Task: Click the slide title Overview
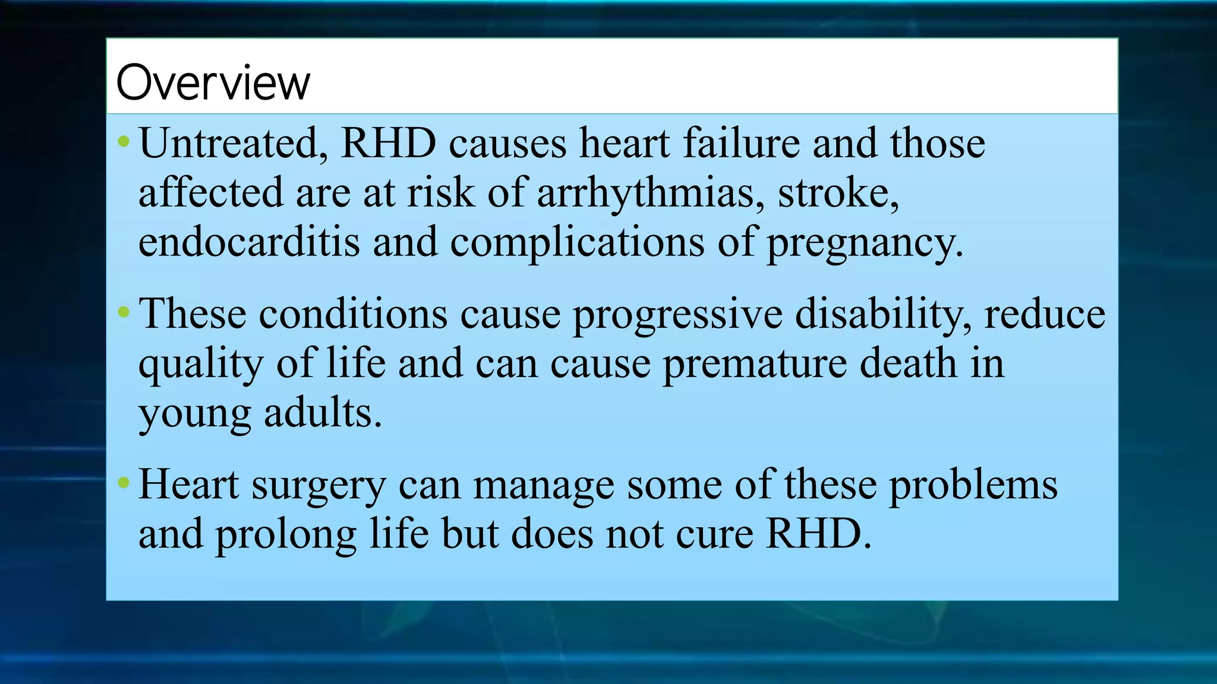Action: tap(213, 83)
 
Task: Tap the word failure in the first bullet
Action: tap(741, 144)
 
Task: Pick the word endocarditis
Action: tap(249, 242)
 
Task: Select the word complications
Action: tap(577, 243)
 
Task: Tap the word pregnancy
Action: tap(865, 243)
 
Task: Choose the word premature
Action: tap(755, 364)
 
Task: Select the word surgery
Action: tap(319, 486)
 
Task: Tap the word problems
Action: tap(973, 486)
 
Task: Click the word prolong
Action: tap(285, 534)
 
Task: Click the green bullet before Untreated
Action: tap(124, 142)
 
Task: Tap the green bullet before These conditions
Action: tap(124, 312)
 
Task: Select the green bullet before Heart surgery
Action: tap(124, 483)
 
